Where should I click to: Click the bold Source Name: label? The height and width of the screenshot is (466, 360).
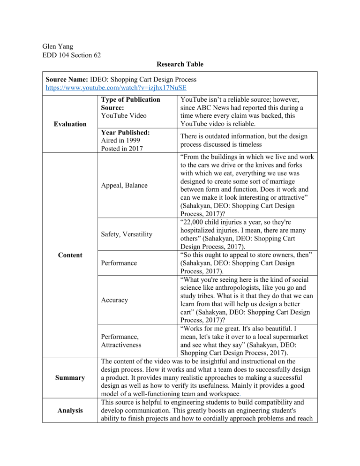tap(67, 78)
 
